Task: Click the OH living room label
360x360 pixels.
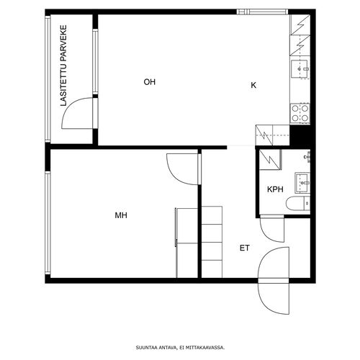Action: [150, 82]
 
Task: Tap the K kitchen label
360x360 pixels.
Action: [253, 85]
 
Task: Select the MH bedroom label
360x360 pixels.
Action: [121, 215]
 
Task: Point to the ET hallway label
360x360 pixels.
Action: [245, 248]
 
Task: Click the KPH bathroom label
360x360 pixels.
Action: [275, 189]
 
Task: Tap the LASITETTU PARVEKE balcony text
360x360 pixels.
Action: [63, 66]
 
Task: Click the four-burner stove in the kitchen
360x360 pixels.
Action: [300, 114]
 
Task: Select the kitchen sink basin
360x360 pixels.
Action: [300, 69]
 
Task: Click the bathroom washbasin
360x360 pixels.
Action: [302, 183]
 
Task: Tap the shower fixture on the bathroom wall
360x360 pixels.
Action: [307, 157]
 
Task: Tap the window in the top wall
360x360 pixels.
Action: [262, 12]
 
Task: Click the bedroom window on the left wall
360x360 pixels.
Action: [48, 222]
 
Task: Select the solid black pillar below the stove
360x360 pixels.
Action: [300, 136]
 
